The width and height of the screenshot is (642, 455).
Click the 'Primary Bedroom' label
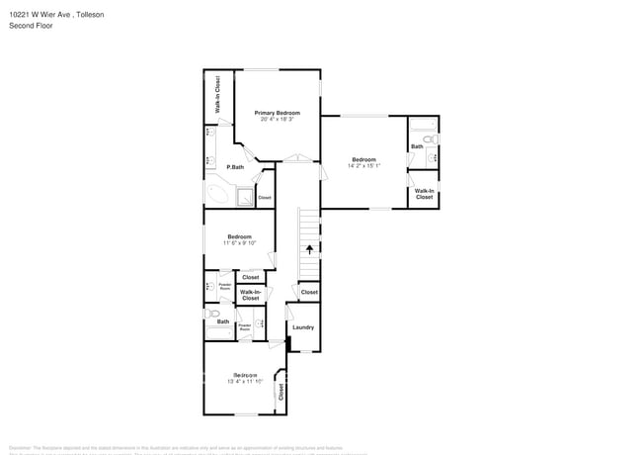point(278,113)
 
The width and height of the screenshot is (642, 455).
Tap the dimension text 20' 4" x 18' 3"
point(278,120)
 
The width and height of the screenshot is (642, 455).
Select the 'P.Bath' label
point(234,167)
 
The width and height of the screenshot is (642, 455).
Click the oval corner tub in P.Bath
point(218,194)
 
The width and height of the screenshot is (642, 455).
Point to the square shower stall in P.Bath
point(244,196)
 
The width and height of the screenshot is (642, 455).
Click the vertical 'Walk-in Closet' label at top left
point(217,94)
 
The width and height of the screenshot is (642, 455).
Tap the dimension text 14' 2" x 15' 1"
point(363,166)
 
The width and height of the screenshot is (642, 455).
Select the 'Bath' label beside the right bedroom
point(417,147)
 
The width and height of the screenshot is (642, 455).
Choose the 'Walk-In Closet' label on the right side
point(424,194)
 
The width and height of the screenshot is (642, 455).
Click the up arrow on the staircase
point(310,249)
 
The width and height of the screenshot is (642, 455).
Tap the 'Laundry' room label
point(303,327)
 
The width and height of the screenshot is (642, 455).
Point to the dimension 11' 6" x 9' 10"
point(239,243)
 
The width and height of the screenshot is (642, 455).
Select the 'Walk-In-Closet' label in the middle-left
point(251,295)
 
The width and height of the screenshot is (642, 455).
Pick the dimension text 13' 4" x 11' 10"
point(244,381)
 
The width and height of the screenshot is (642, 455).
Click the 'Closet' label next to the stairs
point(309,293)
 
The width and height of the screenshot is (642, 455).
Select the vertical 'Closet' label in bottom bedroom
point(281,391)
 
